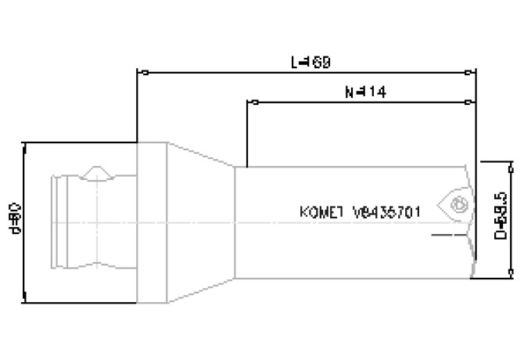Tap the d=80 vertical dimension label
coord(15,221)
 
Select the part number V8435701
coord(388,211)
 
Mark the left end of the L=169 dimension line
coord(138,73)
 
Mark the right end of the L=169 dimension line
coord(468,73)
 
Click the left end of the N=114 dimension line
coord(248,102)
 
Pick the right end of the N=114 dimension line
coord(468,102)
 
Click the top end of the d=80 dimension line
coord(26,143)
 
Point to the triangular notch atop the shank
coord(97,171)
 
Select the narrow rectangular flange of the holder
coord(152,222)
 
